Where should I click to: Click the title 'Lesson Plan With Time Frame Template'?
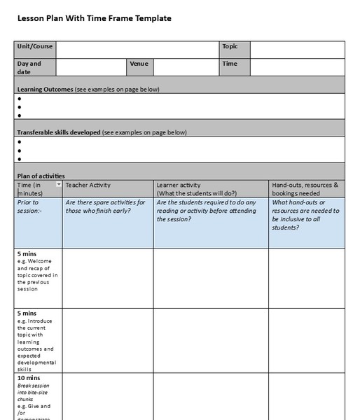(94, 18)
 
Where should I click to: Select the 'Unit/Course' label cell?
(33, 47)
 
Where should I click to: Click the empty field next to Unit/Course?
(137, 49)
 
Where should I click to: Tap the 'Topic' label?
(230, 47)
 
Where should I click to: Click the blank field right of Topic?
(297, 49)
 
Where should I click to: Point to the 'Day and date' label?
(29, 67)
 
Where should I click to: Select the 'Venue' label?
(139, 64)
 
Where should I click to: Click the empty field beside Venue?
(186, 67)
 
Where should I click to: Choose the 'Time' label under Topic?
(230, 64)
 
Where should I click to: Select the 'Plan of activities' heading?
(41, 176)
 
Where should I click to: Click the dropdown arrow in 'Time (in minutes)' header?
(58, 185)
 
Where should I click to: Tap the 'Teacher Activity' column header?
(88, 185)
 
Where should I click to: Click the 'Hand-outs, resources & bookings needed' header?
(305, 189)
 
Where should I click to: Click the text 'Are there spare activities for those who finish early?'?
(105, 206)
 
